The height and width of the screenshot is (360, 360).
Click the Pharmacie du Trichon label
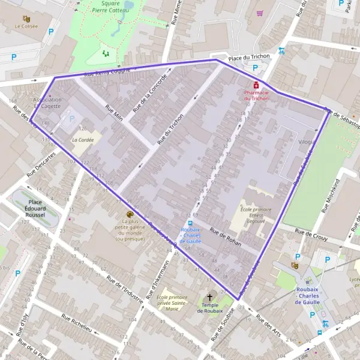256,95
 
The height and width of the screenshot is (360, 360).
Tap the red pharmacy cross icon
256,85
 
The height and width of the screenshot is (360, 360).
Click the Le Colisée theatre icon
26,19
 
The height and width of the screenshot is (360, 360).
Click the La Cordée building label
82,139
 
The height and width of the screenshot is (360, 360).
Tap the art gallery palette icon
130,214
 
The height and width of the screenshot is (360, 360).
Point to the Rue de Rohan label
226,238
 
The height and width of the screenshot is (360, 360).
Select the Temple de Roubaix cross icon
211,297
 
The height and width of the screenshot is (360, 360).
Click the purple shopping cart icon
260,13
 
